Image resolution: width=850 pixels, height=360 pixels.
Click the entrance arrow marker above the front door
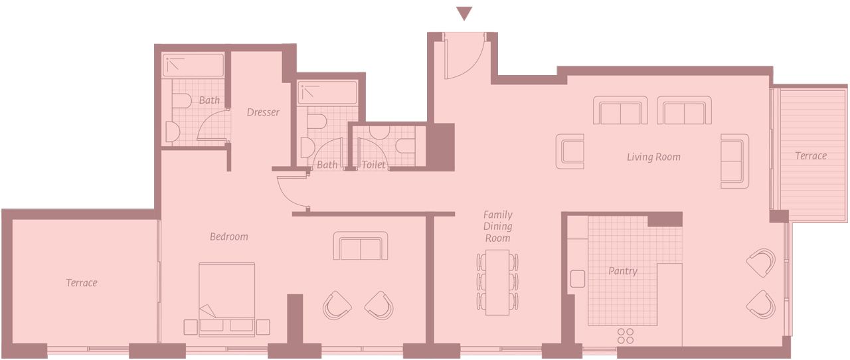[464, 13]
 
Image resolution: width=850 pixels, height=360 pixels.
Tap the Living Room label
[653, 157]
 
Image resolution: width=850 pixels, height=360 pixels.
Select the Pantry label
[623, 271]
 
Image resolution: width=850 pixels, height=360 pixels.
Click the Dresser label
[263, 112]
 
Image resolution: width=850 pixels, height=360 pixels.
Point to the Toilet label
[373, 165]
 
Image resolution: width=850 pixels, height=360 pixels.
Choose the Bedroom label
[229, 236]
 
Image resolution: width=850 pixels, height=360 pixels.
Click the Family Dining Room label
[498, 226]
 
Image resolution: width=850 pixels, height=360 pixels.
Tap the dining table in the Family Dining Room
[497, 282]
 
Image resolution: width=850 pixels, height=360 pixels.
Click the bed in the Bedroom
[226, 300]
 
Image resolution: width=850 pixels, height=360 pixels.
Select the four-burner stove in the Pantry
[626, 335]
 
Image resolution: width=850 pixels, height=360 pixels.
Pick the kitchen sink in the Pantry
[578, 279]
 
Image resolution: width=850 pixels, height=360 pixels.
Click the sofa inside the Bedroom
[361, 246]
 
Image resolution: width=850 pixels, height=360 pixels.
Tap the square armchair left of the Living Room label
[570, 151]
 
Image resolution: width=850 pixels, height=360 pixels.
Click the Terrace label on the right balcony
[811, 155]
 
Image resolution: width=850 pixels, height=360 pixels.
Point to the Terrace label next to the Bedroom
[82, 282]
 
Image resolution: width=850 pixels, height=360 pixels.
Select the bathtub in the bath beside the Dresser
[193, 65]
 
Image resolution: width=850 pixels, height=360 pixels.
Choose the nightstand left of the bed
[191, 327]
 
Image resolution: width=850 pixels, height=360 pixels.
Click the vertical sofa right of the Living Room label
[734, 161]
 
